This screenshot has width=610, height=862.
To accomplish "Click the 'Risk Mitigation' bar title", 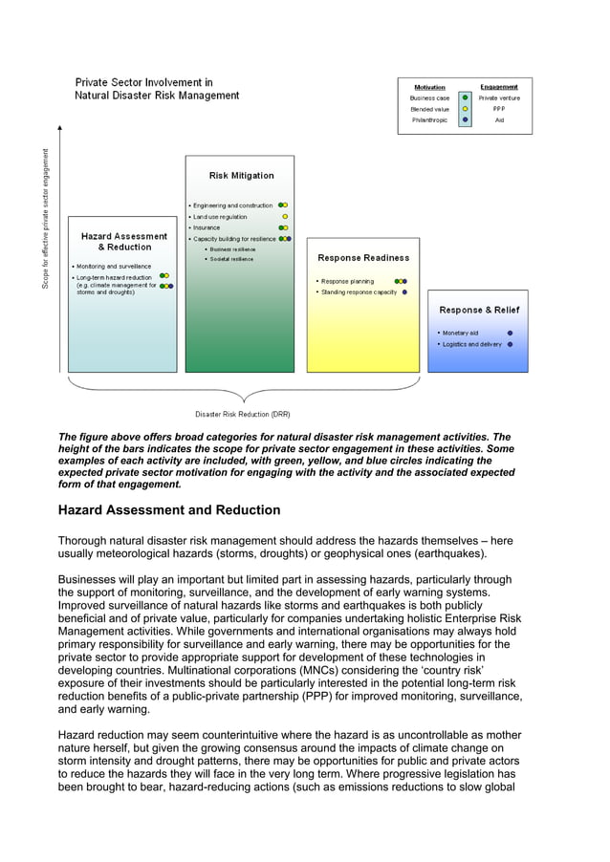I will [241, 176].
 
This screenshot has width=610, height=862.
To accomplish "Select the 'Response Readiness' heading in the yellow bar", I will [363, 258].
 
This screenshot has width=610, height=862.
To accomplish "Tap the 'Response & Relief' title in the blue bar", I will [479, 310].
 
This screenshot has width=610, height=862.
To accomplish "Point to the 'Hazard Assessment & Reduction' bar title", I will [123, 242].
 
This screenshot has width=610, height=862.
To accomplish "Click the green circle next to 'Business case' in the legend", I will [465, 97].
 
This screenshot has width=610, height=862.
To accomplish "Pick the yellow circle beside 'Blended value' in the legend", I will [465, 109].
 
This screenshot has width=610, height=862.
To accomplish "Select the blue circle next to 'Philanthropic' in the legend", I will [465, 120].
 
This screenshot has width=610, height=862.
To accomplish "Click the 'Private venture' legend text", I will [499, 97].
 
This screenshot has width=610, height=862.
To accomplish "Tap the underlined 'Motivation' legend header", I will [429, 87].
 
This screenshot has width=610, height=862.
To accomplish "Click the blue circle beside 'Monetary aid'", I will [510, 333].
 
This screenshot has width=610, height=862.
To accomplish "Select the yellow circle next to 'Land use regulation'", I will [284, 217].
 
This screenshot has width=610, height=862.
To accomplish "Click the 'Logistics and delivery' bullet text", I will [471, 344].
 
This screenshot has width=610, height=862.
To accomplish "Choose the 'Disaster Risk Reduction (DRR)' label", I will [242, 415].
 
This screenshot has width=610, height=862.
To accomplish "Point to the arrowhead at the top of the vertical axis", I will [60, 127].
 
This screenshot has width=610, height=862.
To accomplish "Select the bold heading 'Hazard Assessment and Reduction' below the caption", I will [169, 510].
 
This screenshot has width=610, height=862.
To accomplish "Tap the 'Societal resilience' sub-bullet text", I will [231, 259].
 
